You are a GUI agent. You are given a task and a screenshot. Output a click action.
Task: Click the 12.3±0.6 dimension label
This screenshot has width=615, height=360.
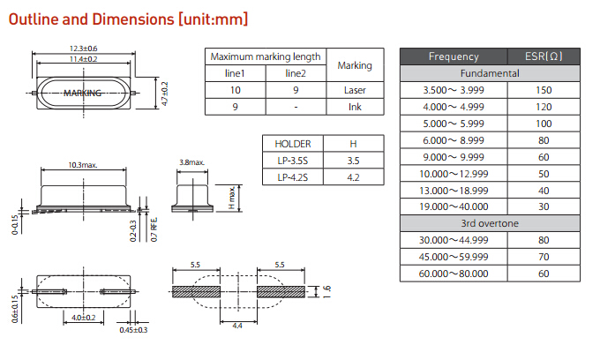pos(84,48)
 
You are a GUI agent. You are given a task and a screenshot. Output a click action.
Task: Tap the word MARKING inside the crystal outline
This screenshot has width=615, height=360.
pos(84,92)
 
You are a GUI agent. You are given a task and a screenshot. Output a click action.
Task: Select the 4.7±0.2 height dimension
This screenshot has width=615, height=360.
pos(164,92)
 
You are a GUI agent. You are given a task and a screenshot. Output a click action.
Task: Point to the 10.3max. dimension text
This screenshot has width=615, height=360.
pos(83,164)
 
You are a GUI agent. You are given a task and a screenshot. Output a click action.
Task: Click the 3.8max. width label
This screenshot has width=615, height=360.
pos(191,163)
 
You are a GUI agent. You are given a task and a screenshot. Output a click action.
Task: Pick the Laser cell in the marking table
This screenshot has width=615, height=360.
pos(355,90)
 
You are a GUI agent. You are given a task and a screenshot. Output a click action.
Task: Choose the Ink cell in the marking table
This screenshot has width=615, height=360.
pos(355,107)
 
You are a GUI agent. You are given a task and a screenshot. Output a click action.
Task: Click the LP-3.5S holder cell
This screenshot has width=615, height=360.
pos(292,161)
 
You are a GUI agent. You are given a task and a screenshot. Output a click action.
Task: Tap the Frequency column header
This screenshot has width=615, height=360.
pos(454,56)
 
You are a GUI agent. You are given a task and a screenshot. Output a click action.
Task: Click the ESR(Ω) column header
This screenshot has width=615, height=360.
pos(544,56)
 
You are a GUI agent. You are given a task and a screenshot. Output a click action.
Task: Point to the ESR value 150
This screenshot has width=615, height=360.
pos(544,90)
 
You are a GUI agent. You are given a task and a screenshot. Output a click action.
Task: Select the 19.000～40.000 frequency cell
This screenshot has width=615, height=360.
pos(454,206)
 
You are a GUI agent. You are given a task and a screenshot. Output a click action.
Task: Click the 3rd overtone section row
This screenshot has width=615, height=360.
pos(491,223)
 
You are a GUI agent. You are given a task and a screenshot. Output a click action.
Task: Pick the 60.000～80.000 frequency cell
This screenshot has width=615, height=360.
pos(454,274)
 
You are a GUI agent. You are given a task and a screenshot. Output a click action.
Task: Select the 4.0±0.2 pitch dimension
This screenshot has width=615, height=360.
pos(84,318)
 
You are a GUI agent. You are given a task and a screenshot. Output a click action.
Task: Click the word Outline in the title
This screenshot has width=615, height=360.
pos(34,18)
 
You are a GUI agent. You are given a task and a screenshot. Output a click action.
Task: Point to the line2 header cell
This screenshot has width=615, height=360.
pos(296,73)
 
